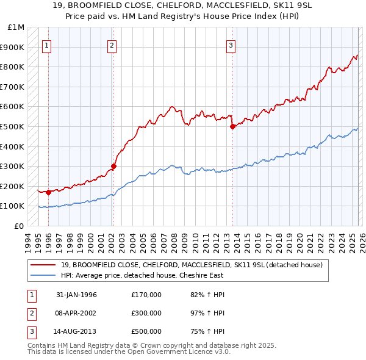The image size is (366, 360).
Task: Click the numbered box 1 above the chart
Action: point(48,45)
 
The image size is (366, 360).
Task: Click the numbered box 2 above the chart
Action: point(112,45)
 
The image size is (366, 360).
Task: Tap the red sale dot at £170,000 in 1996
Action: point(48,192)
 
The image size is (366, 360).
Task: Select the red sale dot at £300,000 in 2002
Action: point(113,166)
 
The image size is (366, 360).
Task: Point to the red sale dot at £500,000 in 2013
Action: point(232,127)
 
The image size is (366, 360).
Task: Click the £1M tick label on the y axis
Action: point(16,27)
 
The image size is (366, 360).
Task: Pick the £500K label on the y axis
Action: point(13,126)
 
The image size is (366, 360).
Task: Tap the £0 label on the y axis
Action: point(20,226)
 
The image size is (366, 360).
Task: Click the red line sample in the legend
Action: point(43,265)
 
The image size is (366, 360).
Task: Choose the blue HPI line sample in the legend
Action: point(43,275)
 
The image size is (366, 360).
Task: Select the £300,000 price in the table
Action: point(146,313)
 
